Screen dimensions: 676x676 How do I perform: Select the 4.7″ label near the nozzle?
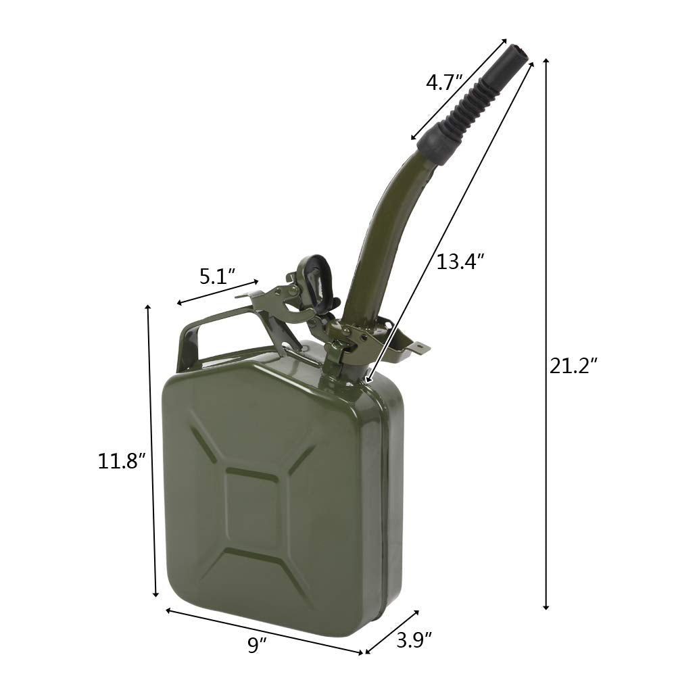(x=444, y=83)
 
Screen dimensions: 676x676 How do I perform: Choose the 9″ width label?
(x=254, y=645)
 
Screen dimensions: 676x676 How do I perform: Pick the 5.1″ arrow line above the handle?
(x=217, y=292)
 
